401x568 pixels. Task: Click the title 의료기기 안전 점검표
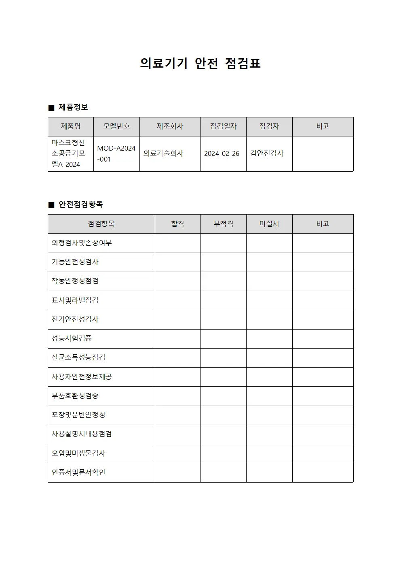point(200,64)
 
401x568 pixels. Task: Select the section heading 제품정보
point(73,107)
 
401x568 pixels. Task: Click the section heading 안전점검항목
point(80,204)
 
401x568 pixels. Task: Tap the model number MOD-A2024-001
point(116,154)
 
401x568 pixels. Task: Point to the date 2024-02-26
point(222,154)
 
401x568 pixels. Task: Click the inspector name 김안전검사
point(267,154)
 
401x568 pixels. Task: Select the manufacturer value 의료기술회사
point(163,154)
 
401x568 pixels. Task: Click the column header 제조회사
point(170,126)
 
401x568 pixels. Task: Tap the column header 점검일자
point(223,126)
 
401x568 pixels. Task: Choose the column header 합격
point(177,224)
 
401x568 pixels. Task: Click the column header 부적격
point(223,224)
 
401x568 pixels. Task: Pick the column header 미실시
point(269,224)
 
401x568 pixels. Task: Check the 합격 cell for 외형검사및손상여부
point(177,243)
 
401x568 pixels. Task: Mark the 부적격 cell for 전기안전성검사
point(223,319)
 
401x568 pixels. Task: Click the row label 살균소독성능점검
point(78,357)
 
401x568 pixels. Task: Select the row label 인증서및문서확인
point(78,472)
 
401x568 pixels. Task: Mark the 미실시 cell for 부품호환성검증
point(269,396)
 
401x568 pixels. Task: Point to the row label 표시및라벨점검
point(75,300)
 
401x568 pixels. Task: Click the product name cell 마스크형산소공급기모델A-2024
point(69,154)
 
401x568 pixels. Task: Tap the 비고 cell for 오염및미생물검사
point(323,453)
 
